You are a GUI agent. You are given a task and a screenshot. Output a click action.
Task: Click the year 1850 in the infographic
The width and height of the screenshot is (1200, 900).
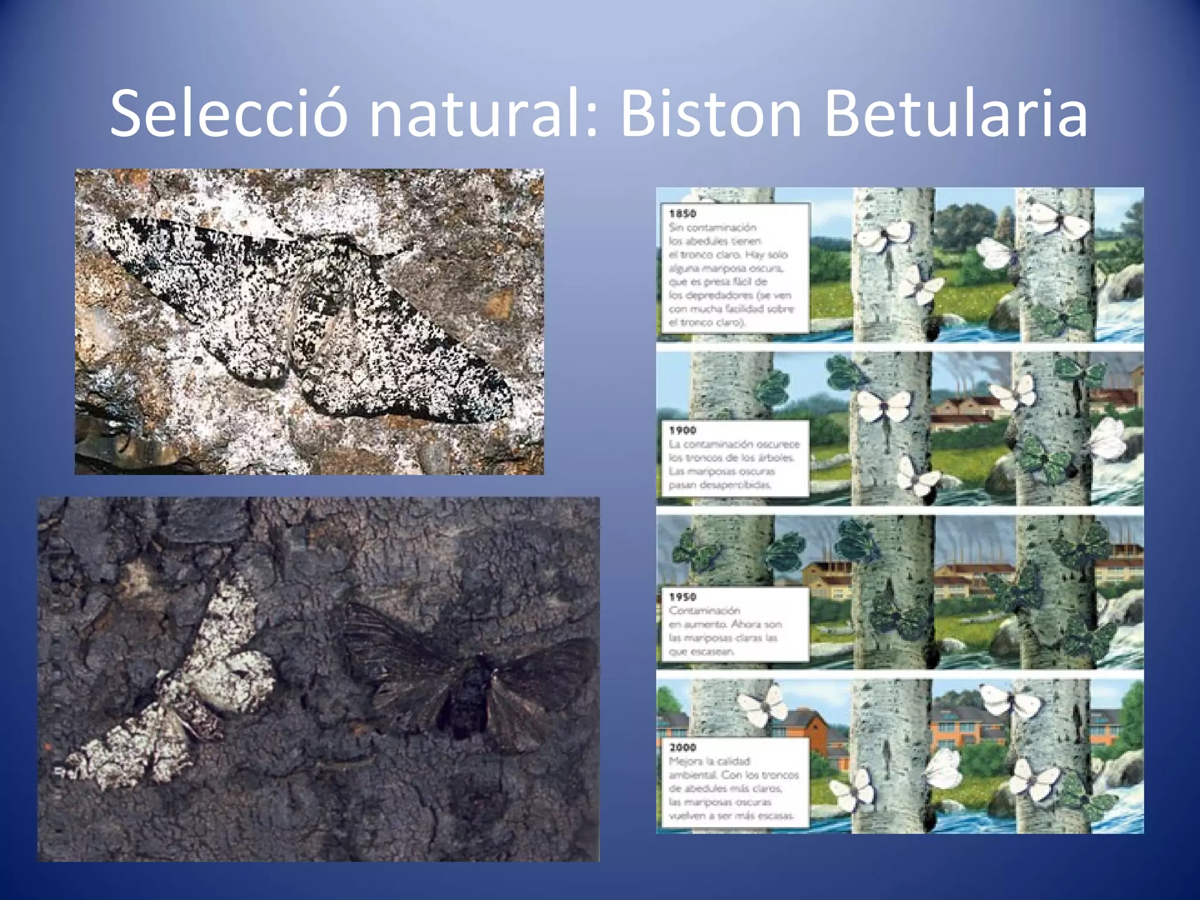pos(683,214)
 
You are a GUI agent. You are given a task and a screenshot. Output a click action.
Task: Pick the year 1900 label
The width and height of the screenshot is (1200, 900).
pos(683,431)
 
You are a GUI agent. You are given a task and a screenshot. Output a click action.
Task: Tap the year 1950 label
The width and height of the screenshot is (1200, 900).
pos(683,597)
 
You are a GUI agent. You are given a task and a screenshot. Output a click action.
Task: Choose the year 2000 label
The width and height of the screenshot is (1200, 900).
pos(683,748)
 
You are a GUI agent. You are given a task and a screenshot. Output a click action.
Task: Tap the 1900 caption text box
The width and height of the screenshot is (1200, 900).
pos(735,458)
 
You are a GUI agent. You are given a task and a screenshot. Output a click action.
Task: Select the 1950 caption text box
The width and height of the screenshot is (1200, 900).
pos(735,625)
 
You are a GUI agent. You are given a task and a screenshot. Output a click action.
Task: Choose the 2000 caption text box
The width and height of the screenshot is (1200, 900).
pos(735,782)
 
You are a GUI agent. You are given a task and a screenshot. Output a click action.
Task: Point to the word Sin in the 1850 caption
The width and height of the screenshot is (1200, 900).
pos(676,227)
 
